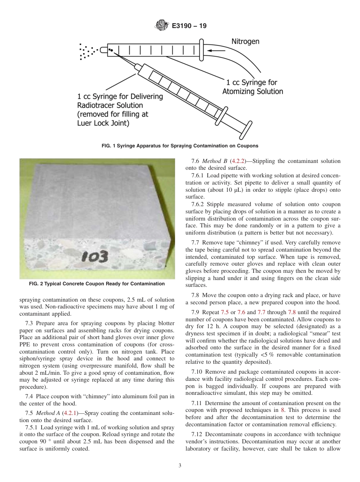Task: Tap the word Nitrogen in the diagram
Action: click(245, 41)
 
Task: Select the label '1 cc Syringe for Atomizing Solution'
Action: click(252, 87)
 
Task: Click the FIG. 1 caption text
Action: click(180, 146)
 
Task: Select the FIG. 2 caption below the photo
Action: click(97, 284)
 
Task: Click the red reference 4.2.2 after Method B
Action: click(238, 161)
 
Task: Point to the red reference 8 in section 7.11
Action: click(282, 410)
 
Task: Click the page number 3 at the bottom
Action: click(180, 466)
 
